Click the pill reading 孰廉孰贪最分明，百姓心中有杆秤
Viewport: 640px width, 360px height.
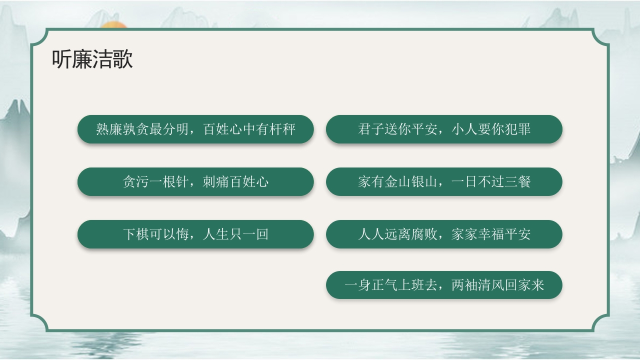(x=195, y=129)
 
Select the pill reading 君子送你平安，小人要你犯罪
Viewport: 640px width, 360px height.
(x=444, y=129)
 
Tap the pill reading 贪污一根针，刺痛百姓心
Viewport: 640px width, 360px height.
(x=195, y=181)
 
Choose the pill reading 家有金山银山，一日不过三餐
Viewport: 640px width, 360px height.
(x=444, y=181)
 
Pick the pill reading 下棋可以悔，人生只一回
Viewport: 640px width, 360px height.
(x=195, y=234)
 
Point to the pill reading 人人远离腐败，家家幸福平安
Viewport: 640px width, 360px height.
(x=444, y=234)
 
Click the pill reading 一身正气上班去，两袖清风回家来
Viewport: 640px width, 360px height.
(x=444, y=285)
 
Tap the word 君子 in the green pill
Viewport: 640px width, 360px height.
(x=370, y=129)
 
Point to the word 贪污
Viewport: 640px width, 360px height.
(x=135, y=181)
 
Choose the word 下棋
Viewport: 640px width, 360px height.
(x=135, y=234)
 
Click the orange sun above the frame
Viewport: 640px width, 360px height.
(x=112, y=25)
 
